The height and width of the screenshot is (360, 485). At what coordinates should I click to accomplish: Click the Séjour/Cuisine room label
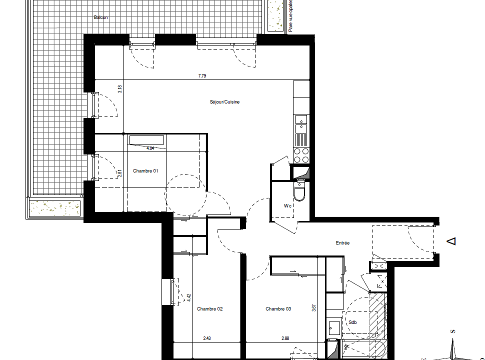tap(224, 102)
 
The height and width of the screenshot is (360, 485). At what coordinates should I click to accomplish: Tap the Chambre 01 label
tap(145, 171)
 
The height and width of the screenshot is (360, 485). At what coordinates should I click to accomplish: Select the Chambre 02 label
tap(209, 309)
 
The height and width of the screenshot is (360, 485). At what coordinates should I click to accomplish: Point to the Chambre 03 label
tap(278, 309)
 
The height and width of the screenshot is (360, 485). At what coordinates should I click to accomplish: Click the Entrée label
tap(342, 243)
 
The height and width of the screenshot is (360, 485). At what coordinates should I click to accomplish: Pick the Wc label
tap(287, 205)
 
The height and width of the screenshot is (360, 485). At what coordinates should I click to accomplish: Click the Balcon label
tap(100, 17)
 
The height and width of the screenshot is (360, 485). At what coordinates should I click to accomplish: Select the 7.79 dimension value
tap(202, 76)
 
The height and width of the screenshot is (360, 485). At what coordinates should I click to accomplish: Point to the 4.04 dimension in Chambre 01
tap(150, 148)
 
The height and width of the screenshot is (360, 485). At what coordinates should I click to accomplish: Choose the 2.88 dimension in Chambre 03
tap(285, 338)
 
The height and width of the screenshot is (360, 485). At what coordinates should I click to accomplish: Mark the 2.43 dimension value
tap(207, 338)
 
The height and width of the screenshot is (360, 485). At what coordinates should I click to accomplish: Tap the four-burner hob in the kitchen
tap(301, 155)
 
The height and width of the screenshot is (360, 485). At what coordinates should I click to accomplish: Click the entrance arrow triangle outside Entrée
tap(451, 241)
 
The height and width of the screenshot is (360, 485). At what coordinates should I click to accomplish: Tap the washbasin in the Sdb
tap(334, 328)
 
